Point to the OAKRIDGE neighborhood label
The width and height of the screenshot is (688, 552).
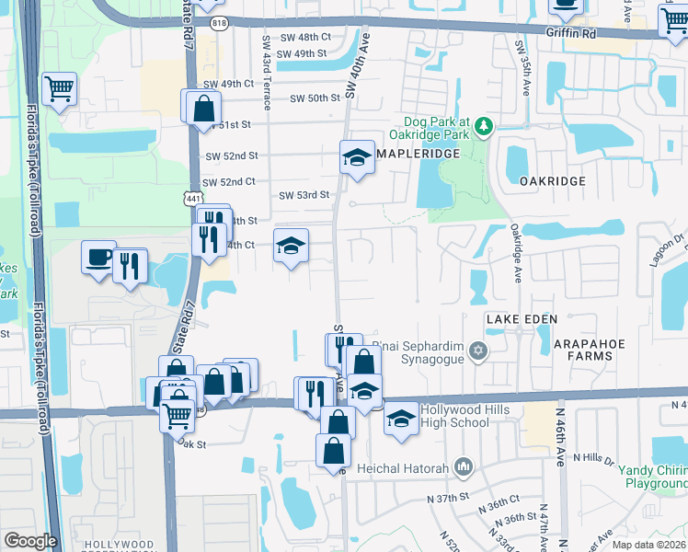tap(552, 181)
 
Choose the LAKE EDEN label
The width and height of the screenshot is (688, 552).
tap(521, 318)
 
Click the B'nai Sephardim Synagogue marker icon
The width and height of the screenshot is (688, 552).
tap(476, 351)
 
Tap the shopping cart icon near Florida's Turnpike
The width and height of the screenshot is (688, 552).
tap(60, 89)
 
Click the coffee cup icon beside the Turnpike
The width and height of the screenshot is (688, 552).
tap(98, 258)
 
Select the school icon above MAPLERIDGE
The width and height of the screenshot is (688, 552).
tap(357, 157)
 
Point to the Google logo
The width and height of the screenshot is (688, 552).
tap(30, 541)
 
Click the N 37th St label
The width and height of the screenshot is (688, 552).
tap(448, 498)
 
